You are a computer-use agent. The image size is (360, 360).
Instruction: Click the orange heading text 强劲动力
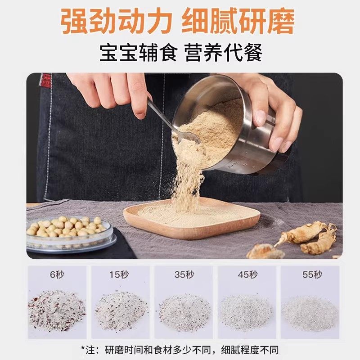coord(117,21)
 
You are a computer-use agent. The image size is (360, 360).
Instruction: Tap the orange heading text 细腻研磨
coord(238,21)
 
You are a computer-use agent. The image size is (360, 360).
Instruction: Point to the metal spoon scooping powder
coord(173,121)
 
